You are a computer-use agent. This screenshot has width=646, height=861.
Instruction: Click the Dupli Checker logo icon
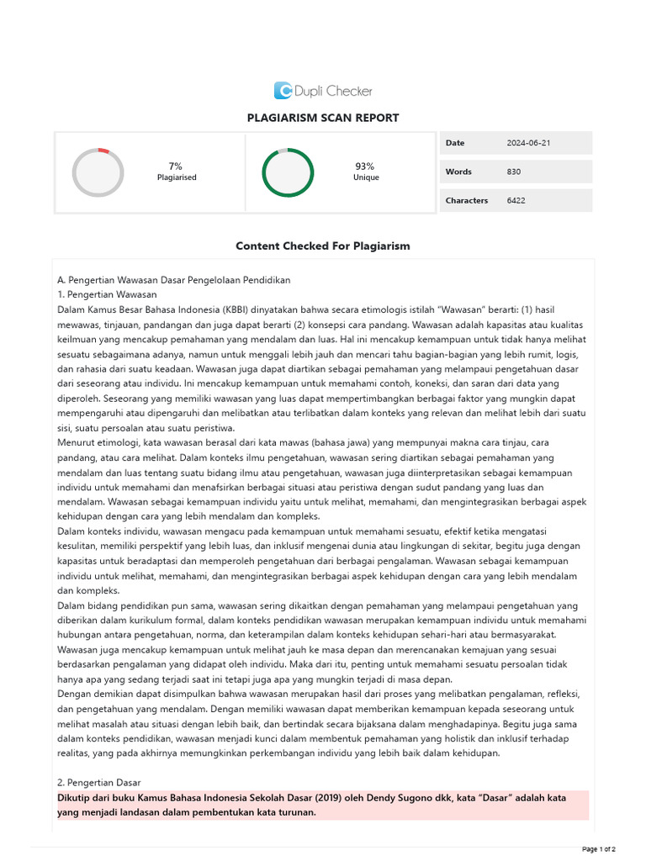(283, 91)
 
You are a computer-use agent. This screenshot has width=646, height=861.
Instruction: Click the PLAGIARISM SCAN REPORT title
(323, 118)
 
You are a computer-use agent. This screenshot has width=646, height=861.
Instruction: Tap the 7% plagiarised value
(176, 166)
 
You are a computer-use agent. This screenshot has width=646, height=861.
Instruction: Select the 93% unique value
(364, 166)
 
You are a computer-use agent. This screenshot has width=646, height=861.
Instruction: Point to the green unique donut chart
(288, 172)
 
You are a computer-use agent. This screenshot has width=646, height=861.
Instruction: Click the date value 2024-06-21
(528, 143)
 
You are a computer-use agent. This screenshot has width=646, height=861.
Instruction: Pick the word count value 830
(514, 172)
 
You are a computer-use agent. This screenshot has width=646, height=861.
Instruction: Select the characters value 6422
(516, 200)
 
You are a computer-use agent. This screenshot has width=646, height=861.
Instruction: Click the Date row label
(455, 143)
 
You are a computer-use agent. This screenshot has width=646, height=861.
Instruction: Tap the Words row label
(458, 172)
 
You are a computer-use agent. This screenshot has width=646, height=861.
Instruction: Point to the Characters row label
(467, 200)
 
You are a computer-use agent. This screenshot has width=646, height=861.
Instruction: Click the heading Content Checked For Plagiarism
(323, 246)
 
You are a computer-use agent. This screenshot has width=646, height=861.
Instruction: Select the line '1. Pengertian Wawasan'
(107, 294)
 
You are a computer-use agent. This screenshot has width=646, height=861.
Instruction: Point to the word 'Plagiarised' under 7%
(177, 177)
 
